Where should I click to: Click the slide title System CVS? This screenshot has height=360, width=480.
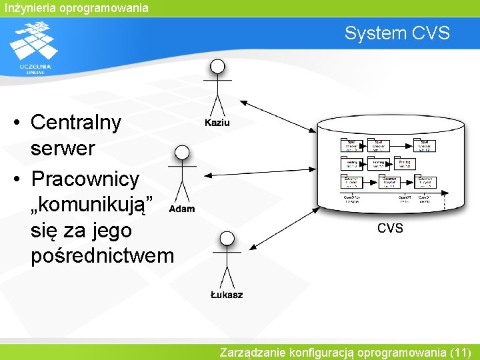coord(397,33)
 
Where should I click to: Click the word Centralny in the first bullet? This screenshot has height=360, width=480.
coord(76,123)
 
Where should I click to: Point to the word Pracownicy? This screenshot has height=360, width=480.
coord(85,179)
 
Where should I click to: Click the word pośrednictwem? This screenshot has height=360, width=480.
coord(102,255)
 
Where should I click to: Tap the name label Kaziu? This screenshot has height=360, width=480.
coord(217,123)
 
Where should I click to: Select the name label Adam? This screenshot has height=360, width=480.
coord(182,209)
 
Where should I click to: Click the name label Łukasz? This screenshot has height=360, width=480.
coord(227,295)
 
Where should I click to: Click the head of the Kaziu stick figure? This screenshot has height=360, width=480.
coord(217,66)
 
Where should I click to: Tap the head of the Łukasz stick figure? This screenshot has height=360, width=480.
coord(227,238)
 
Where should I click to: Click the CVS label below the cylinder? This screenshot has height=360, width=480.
coord(390,228)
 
